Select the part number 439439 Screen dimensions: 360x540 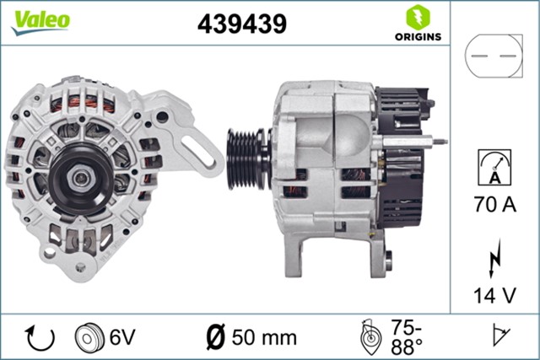(x=241, y=24)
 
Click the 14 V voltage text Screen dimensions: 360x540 (x=494, y=296)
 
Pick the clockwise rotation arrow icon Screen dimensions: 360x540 (x=40, y=337)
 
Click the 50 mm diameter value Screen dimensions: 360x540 (x=266, y=337)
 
